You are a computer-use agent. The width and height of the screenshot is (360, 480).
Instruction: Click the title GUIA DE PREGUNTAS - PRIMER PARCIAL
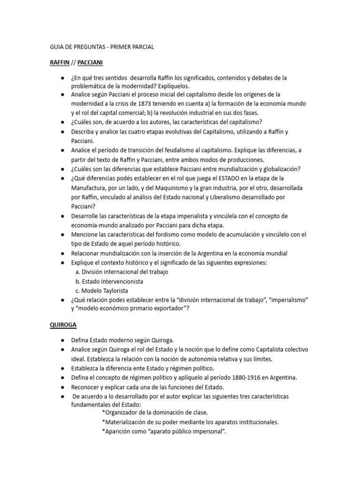tap(102, 47)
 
